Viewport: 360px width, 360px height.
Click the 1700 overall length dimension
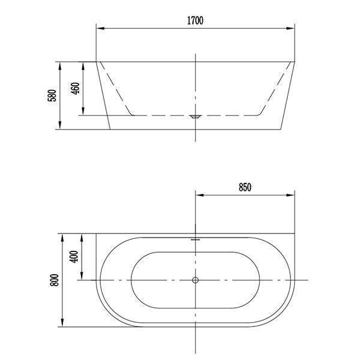(x=195, y=20)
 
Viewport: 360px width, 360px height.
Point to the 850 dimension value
(x=245, y=187)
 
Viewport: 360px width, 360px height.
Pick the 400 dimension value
(x=74, y=257)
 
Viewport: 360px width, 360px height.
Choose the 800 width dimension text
(x=55, y=280)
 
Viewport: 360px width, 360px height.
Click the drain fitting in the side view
(x=196, y=117)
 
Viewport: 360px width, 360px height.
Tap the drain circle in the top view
(x=196, y=280)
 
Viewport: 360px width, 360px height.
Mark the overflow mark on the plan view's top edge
(x=196, y=238)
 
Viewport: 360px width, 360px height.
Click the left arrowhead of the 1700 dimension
(x=100, y=28)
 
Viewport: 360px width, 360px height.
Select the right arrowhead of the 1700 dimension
(x=292, y=28)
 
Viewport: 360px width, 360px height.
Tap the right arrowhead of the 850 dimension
(x=292, y=194)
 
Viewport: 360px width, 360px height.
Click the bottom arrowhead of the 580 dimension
(x=61, y=125)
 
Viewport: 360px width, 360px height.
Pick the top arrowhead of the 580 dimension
(x=61, y=65)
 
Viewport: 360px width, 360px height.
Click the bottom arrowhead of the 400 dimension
(x=82, y=277)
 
